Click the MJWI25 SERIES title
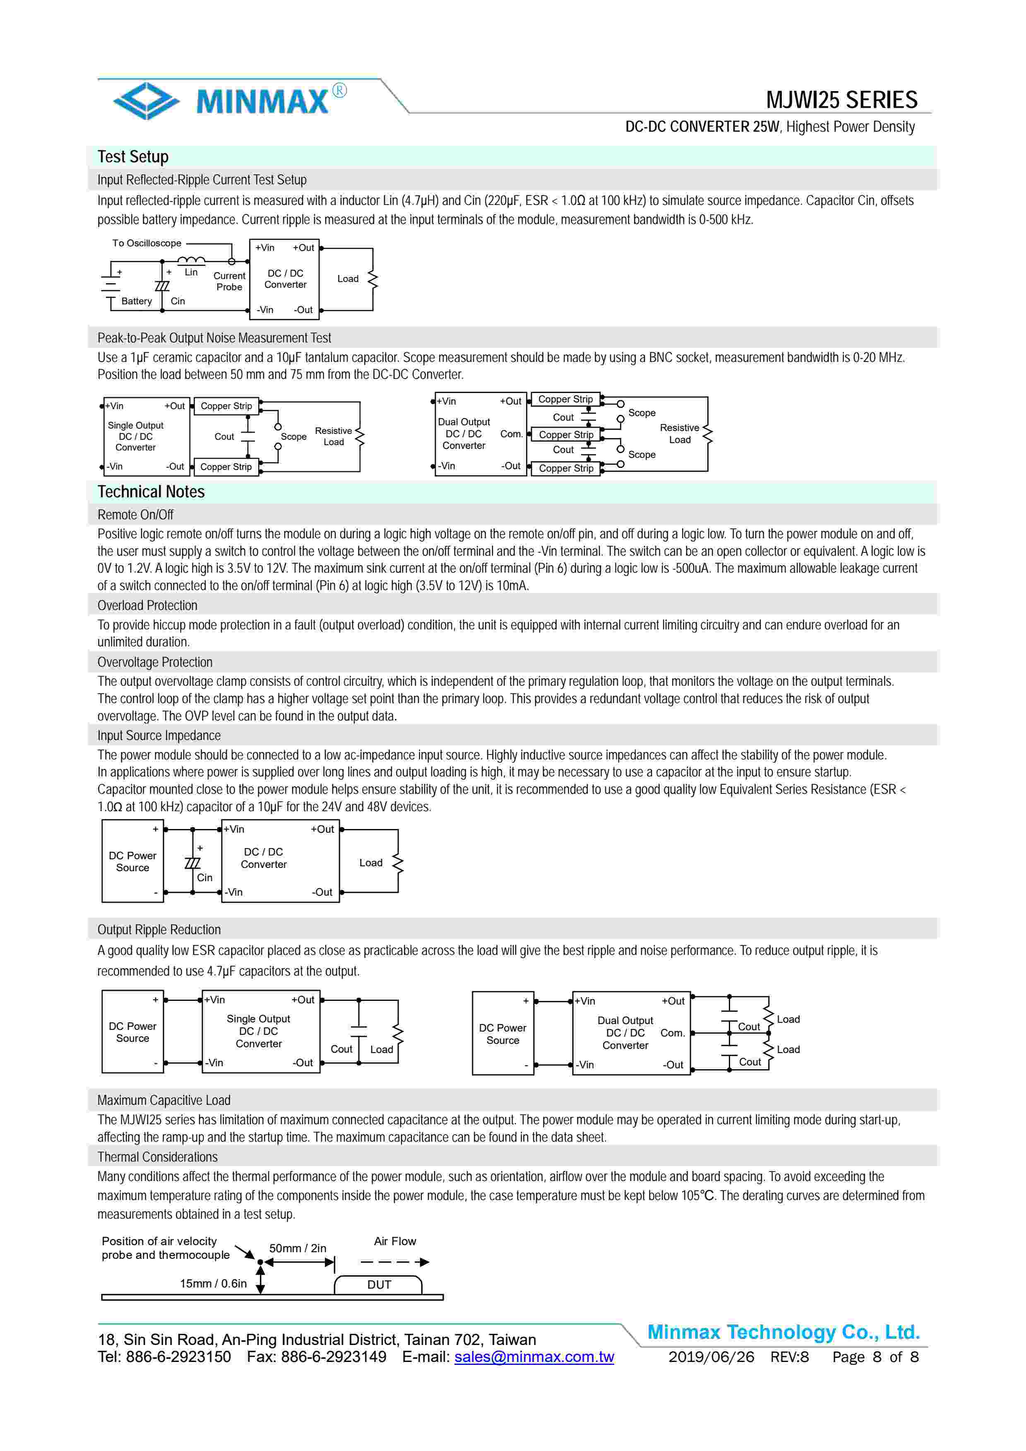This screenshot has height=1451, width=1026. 841,100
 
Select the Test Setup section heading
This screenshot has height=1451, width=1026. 133,157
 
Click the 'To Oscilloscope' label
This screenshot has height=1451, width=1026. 147,243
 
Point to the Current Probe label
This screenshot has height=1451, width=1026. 229,281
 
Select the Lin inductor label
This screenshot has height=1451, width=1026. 191,272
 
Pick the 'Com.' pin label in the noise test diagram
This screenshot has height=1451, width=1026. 511,434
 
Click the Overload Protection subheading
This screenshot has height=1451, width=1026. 147,605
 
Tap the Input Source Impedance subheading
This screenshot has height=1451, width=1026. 159,735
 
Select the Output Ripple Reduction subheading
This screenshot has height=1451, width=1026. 159,930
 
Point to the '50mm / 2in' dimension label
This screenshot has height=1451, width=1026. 298,1248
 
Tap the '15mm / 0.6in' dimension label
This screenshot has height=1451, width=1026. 213,1284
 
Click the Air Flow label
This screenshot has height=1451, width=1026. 395,1241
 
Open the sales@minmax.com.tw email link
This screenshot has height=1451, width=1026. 534,1357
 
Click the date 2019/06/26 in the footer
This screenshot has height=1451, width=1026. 711,1357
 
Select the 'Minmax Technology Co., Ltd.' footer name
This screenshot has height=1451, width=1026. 783,1332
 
